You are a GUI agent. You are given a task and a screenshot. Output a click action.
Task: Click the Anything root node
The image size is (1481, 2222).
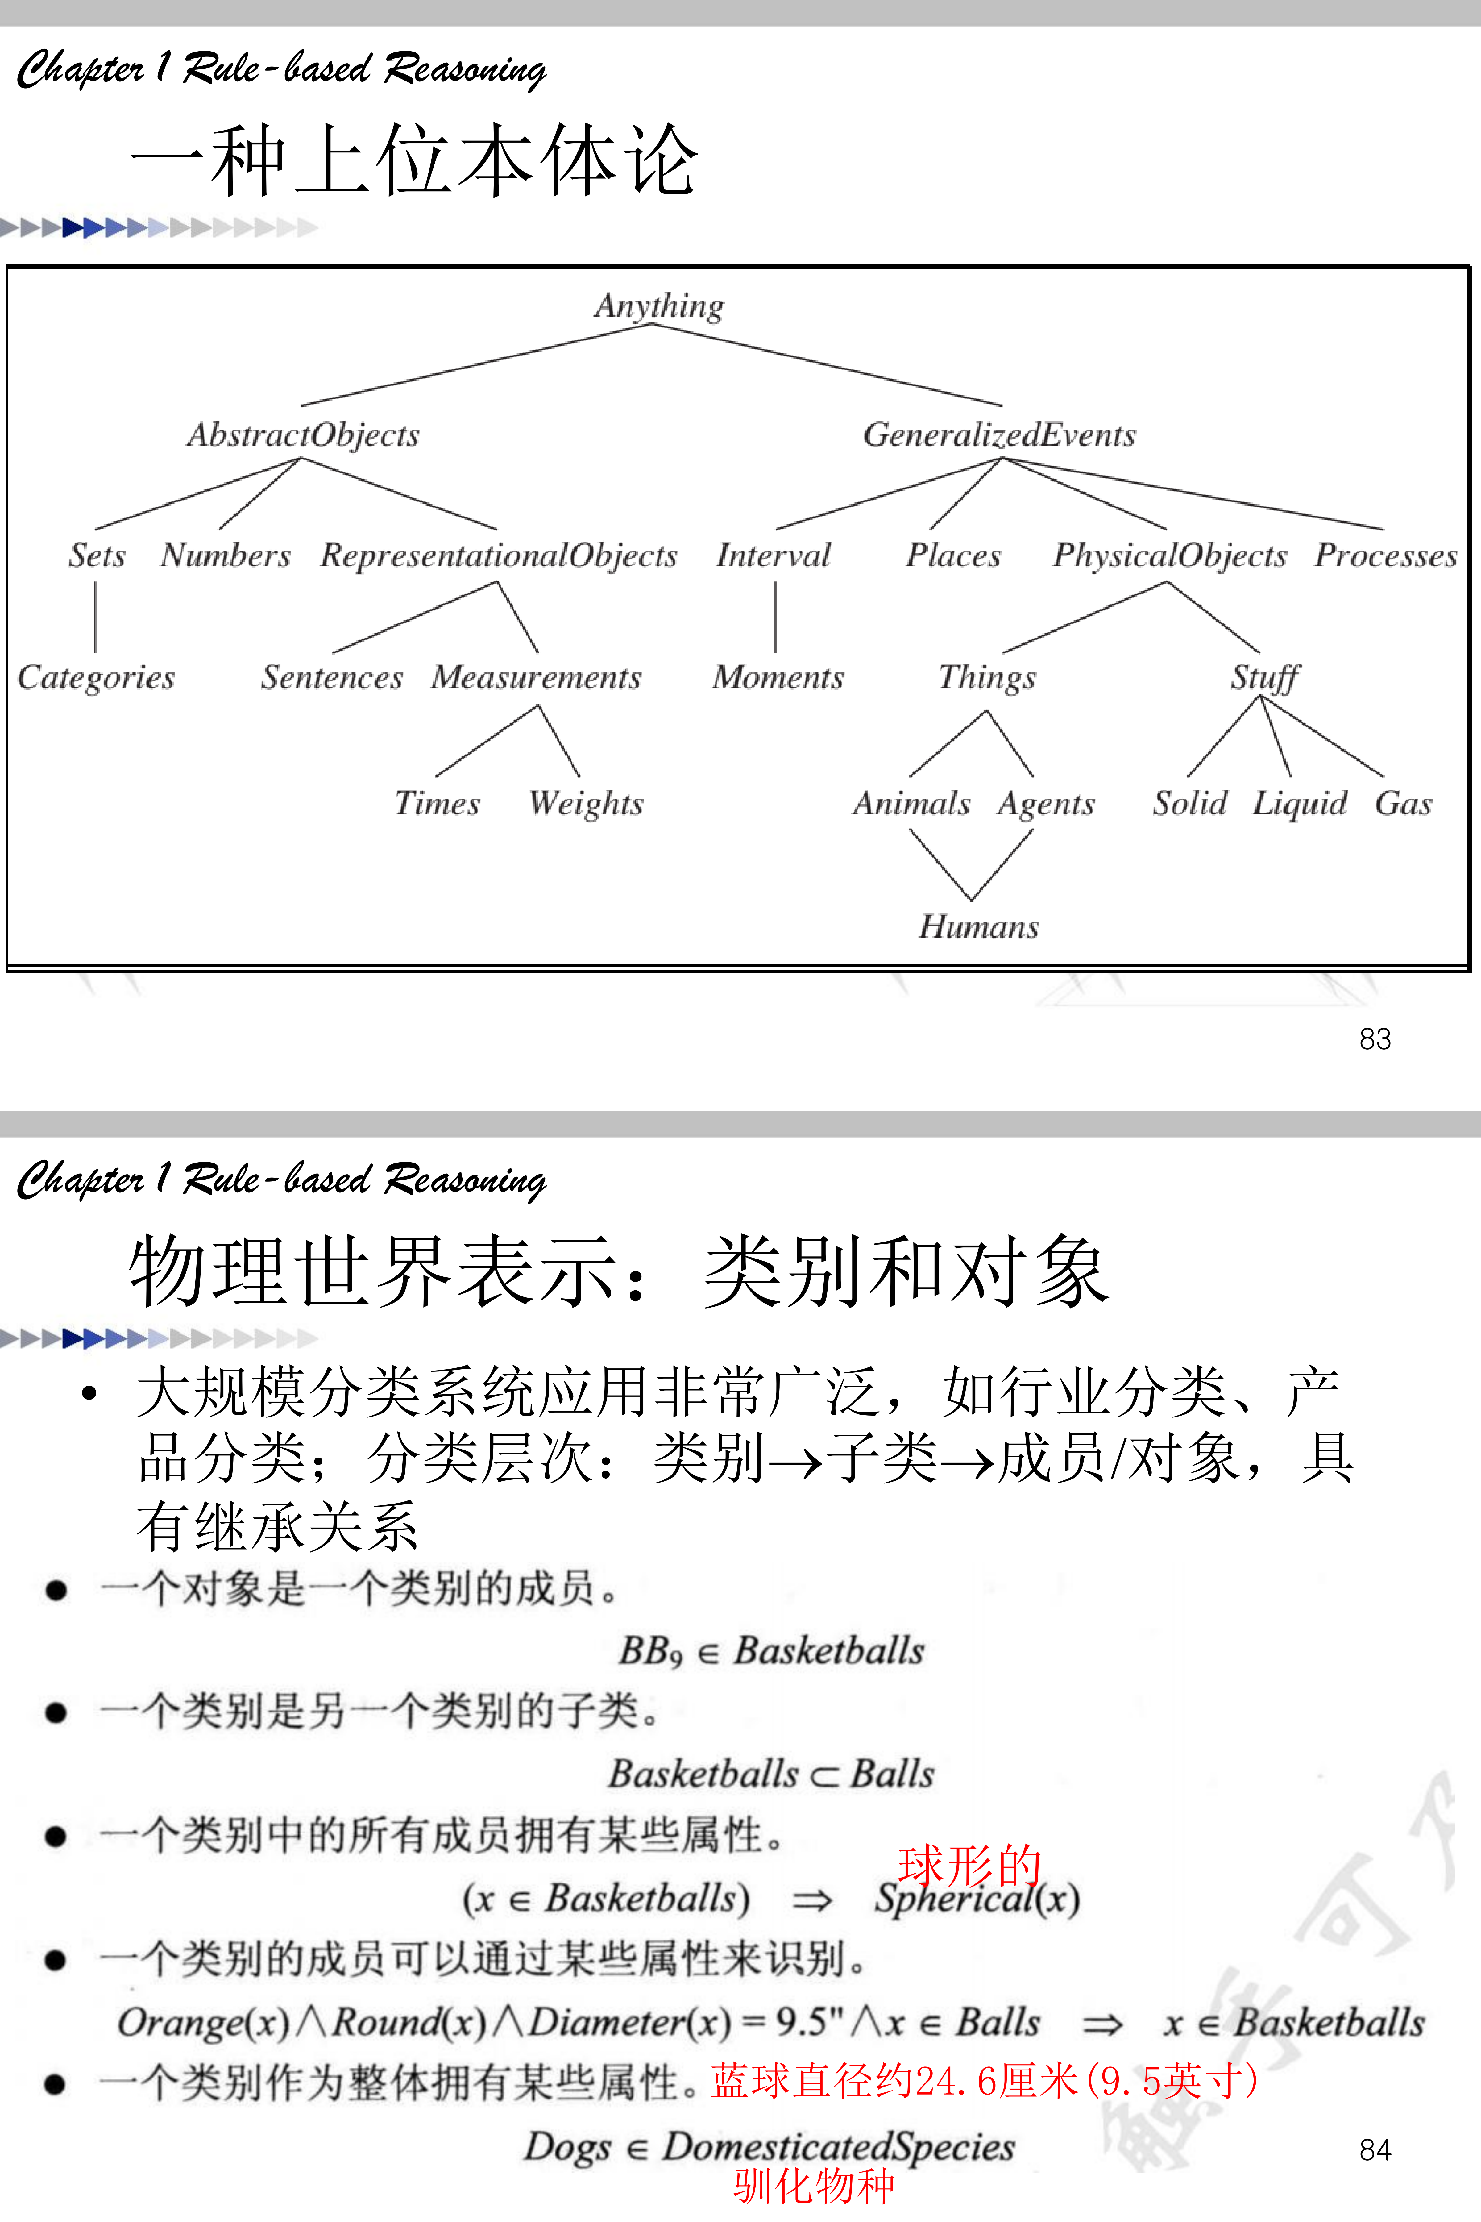[x=659, y=306]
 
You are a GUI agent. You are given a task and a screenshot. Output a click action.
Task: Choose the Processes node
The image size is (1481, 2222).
[x=1386, y=555]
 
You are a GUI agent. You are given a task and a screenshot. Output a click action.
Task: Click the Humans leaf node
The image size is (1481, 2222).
[x=979, y=927]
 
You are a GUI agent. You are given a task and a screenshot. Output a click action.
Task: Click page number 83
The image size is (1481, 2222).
[x=1374, y=1039]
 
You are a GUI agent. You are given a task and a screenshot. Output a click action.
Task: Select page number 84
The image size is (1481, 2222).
[x=1374, y=2150]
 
